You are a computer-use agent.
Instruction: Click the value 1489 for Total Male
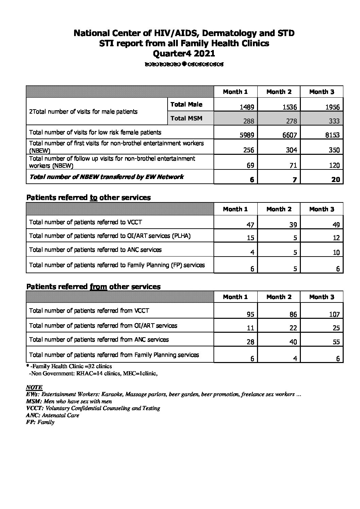click(x=247, y=107)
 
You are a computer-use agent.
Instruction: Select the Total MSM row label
click(x=186, y=118)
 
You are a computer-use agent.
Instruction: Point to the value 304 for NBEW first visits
click(x=291, y=150)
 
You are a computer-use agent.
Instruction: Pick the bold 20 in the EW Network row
click(x=336, y=180)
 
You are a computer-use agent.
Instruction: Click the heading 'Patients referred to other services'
click(x=88, y=197)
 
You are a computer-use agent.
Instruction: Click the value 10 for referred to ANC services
click(x=336, y=252)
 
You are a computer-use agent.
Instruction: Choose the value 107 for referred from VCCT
click(x=334, y=314)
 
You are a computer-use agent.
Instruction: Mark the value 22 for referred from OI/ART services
click(x=293, y=328)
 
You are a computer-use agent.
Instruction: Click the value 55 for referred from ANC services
click(x=336, y=342)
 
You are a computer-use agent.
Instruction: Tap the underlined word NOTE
click(x=34, y=387)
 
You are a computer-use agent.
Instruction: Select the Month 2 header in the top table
click(x=279, y=92)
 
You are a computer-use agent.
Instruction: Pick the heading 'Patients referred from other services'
click(x=93, y=286)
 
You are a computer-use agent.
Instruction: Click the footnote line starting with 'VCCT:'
click(x=93, y=408)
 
